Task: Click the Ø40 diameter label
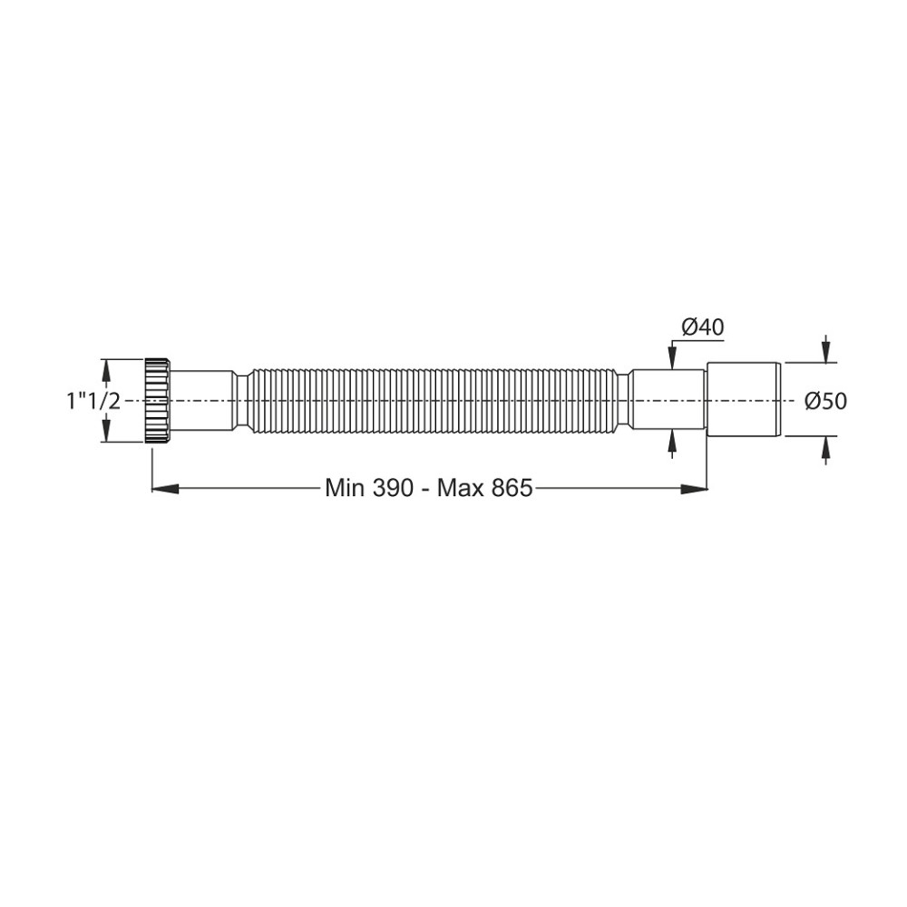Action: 703,327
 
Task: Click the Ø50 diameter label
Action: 826,401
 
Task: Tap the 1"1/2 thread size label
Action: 93,400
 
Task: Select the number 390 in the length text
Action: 393,488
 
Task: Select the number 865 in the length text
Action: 512,488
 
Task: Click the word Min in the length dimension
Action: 345,488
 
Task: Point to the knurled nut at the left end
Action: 157,400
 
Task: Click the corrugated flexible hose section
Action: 434,400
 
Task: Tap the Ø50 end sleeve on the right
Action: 745,400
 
